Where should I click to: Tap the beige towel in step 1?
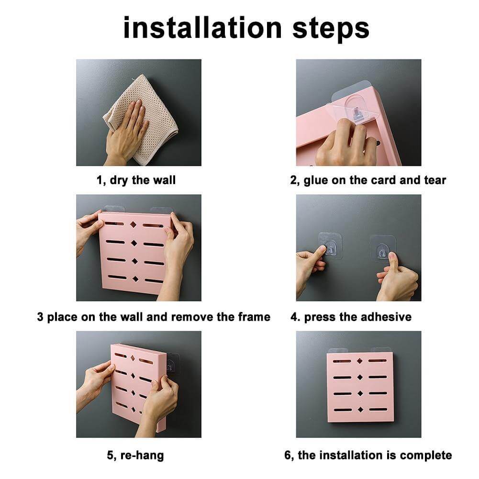(x=153, y=120)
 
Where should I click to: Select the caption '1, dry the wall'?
(x=136, y=180)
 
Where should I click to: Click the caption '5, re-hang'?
(x=135, y=455)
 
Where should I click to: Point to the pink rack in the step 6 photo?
(x=360, y=388)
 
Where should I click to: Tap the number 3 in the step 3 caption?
(x=40, y=317)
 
